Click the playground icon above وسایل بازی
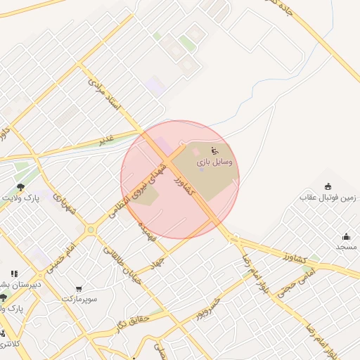214,150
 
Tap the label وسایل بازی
207,162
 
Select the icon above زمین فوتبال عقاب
328,186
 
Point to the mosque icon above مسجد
346,236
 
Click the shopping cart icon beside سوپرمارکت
79,289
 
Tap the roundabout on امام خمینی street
91,229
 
